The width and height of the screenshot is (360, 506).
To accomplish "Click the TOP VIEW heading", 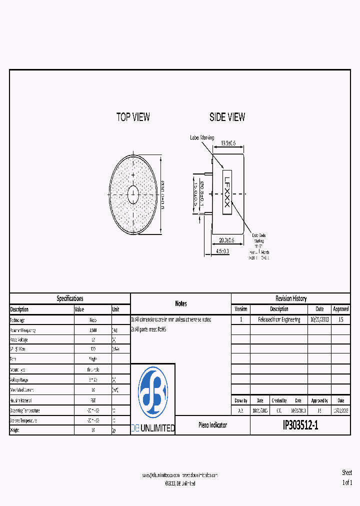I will (133, 117).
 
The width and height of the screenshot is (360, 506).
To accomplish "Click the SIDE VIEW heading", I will (227, 117).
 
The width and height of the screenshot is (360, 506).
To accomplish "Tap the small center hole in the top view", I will (133, 194).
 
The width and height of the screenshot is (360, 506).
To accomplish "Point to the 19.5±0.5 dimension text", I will (231, 143).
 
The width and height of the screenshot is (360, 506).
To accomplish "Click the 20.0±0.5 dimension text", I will (222, 240).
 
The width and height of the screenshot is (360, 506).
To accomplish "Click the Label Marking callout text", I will (202, 137).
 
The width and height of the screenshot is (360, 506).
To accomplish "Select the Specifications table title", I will (70, 298).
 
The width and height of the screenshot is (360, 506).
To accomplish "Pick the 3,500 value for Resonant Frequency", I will (93, 330).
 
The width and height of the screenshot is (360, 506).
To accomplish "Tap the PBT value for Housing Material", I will (93, 400).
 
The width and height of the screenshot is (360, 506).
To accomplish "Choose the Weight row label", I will (16, 429).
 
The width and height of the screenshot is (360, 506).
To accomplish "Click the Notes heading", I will (180, 303).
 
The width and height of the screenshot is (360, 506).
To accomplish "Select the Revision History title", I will (290, 298).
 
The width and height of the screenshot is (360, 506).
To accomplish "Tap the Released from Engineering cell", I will (279, 319).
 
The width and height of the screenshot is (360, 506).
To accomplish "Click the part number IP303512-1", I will (300, 425).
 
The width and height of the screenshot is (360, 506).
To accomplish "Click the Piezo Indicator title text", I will (212, 425).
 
